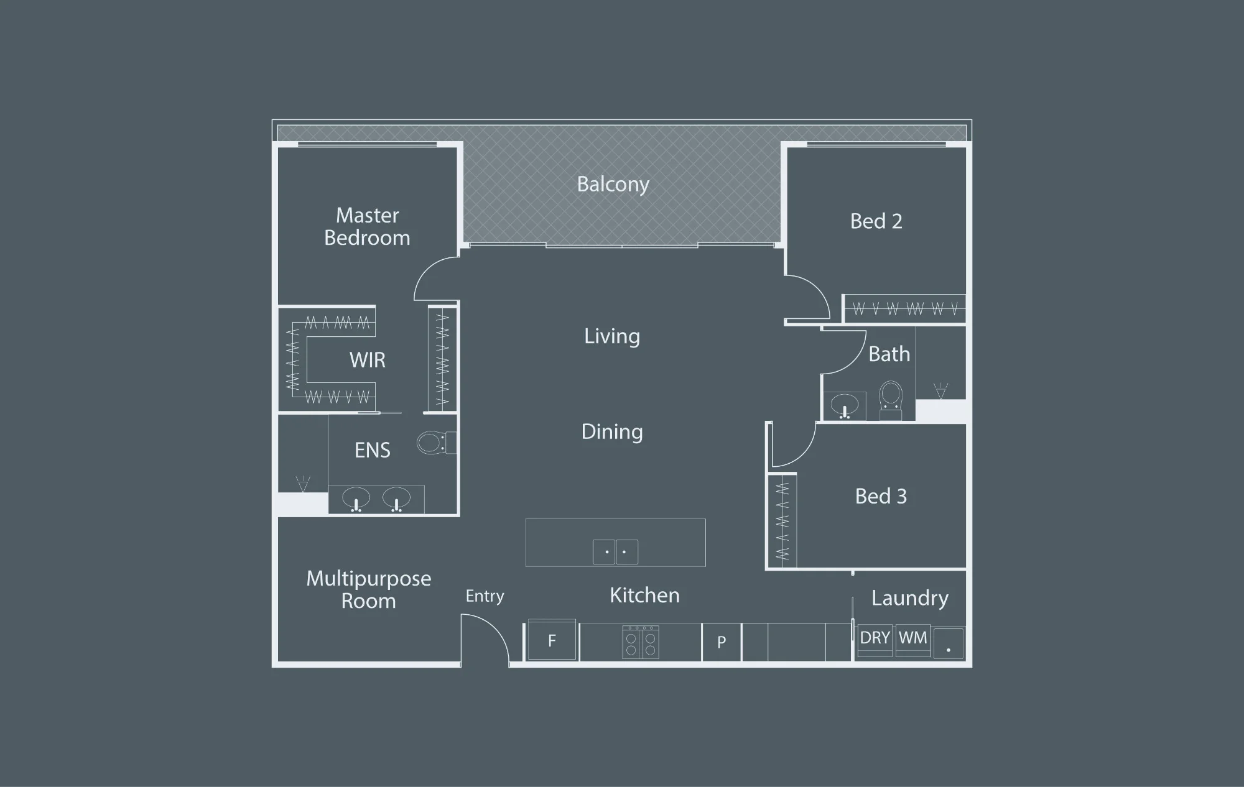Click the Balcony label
[x=613, y=185]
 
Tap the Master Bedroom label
[x=367, y=227]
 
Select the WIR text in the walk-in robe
[x=367, y=360]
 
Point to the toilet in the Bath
[x=891, y=400]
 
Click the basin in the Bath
[x=844, y=405]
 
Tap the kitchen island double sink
[x=615, y=552]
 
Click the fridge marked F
[x=551, y=640]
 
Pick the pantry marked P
[x=722, y=642]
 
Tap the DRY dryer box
[x=875, y=640]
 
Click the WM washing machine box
[x=912, y=640]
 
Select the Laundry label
[x=910, y=598]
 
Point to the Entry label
[x=485, y=596]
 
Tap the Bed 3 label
[x=881, y=496]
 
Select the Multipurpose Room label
[x=368, y=590]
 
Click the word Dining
[x=612, y=432]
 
